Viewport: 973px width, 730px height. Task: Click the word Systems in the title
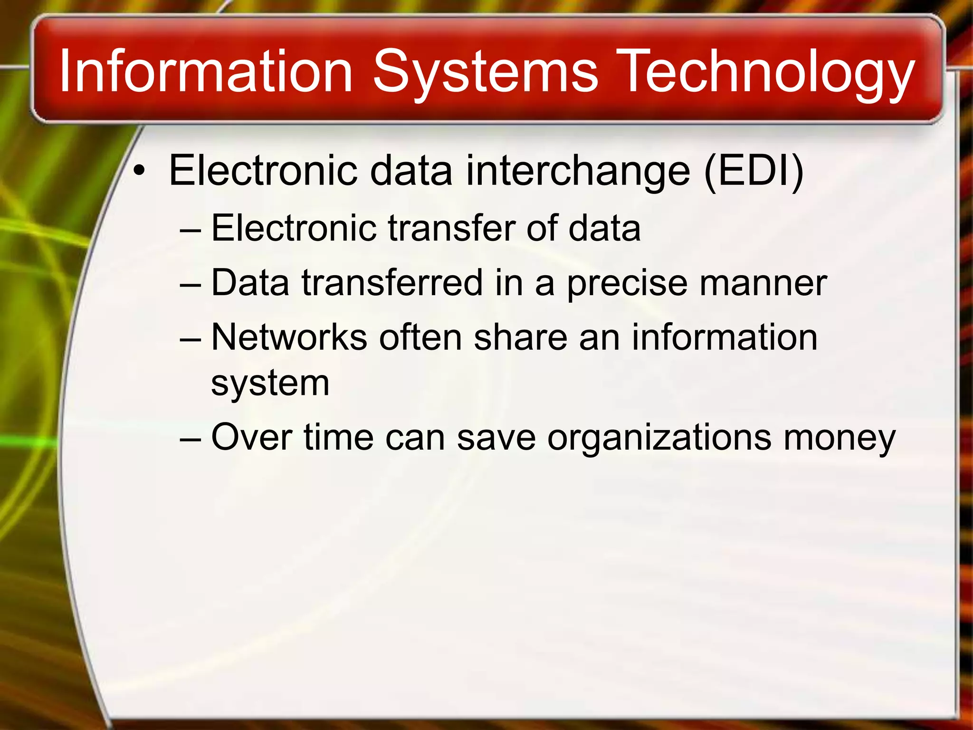coord(485,72)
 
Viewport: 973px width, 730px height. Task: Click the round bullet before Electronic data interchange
coord(138,171)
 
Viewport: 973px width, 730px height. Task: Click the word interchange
coord(578,171)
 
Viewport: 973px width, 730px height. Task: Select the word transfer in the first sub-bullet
coord(451,229)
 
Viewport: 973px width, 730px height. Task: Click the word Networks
coord(289,337)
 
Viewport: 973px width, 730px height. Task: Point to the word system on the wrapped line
coord(270,383)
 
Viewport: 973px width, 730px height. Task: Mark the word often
coord(420,337)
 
